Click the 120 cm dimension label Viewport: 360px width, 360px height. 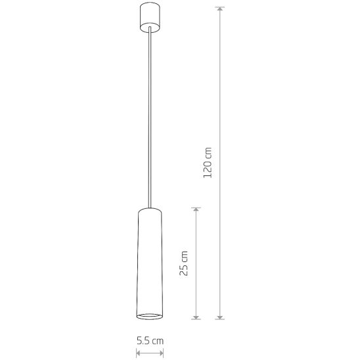[x=208, y=162]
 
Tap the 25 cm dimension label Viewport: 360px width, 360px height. [x=183, y=263]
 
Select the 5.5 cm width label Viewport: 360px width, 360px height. [x=150, y=341]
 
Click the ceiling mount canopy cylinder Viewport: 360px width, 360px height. [x=150, y=17]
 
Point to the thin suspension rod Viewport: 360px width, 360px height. [x=150, y=117]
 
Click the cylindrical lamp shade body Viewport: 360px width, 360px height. [x=150, y=263]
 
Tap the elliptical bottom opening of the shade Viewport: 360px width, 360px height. [x=150, y=316]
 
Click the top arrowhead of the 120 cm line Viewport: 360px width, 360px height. [x=220, y=9]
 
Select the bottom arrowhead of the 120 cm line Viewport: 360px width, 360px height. [x=220, y=317]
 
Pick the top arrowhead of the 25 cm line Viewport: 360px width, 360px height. [x=196, y=210]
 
